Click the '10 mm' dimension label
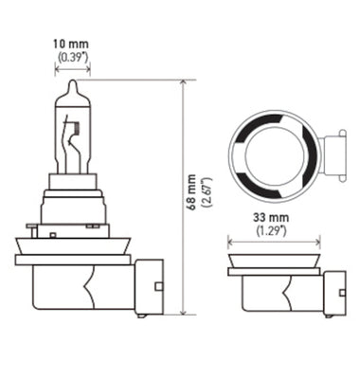73,43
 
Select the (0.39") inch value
73,56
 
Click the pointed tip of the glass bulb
72,84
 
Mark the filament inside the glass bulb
73,142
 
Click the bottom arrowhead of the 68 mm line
181,310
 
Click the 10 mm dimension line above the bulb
73,70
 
